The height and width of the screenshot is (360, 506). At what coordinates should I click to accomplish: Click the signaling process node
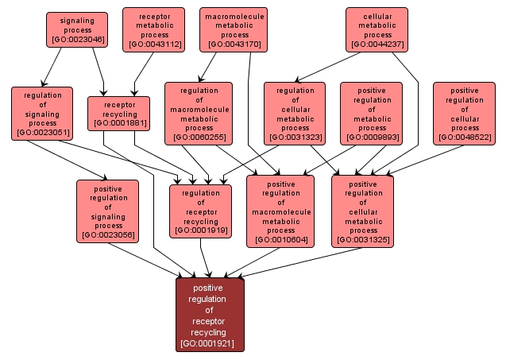coord(77,29)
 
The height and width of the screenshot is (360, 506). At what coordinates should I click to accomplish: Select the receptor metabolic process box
coord(153,29)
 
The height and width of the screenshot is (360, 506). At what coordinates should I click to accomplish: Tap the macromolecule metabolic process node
coord(234,29)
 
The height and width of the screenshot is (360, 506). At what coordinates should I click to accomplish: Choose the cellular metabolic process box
coord(377,29)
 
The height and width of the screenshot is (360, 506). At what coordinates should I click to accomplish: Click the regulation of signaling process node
coord(42,112)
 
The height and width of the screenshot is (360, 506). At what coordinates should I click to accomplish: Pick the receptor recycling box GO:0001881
coord(118,113)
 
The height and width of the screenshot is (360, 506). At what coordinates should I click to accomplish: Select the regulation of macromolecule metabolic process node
coord(199,114)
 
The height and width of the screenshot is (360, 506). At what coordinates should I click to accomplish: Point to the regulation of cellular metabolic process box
coord(294,114)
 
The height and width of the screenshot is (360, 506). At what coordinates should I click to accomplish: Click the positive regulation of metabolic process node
coord(371,114)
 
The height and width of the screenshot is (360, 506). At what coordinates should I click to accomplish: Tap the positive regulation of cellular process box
coord(464,114)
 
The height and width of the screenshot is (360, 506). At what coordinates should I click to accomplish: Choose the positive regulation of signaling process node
coord(107,211)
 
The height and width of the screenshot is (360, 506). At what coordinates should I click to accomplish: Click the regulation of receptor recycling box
coord(201,211)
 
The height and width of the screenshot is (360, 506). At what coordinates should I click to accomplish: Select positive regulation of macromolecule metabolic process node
coord(280,211)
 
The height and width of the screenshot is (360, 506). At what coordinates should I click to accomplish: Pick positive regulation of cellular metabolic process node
coord(362,211)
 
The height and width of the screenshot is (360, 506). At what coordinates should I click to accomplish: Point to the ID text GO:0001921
coord(210,345)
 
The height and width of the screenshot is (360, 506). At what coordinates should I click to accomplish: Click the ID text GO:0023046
coord(77,38)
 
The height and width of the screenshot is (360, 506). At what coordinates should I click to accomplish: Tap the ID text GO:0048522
coord(464,137)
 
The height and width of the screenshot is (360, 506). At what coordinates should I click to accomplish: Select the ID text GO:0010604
coord(280,239)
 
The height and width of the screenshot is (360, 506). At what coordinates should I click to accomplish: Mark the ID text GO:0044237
coord(377,45)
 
